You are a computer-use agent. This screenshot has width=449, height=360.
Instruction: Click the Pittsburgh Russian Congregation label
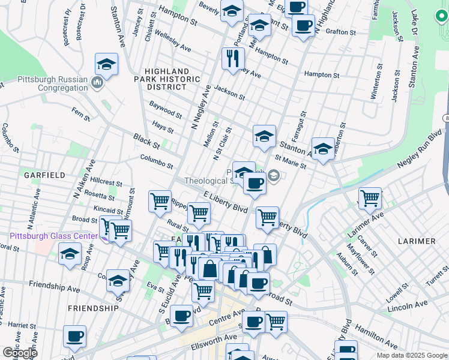coord(44,83)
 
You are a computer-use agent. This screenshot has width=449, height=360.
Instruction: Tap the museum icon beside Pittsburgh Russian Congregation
coord(97,82)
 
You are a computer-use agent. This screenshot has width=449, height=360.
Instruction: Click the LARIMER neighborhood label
coord(417,241)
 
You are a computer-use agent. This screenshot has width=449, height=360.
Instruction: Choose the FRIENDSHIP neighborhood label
coord(93,308)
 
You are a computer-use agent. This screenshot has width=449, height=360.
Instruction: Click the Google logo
coord(20,353)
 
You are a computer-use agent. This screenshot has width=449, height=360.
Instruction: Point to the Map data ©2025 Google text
coord(412,355)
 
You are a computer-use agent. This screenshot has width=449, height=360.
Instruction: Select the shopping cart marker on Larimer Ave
coord(370,197)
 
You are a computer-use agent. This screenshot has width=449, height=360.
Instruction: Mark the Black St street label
coord(146,142)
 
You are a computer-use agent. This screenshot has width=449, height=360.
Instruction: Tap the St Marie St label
coord(291,163)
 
